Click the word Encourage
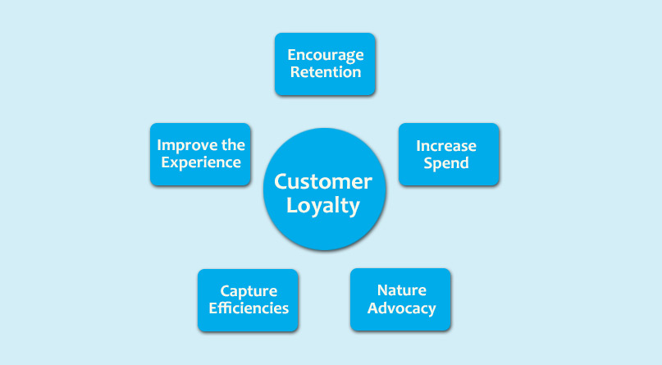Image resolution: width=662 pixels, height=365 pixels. click(x=326, y=56)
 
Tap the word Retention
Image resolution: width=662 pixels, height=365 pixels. click(x=326, y=72)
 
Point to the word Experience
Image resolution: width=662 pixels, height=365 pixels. click(x=201, y=163)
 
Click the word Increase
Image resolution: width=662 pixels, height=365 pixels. click(x=446, y=146)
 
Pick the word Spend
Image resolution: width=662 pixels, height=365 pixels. click(x=446, y=164)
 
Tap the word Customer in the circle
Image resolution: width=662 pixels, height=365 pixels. click(x=323, y=182)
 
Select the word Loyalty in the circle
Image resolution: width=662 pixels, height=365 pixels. click(x=323, y=207)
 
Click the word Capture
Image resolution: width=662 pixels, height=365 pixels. click(x=249, y=291)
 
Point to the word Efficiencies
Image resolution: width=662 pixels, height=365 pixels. click(x=249, y=308)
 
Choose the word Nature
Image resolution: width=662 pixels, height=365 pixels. click(x=401, y=290)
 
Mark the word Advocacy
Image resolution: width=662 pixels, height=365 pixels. click(x=401, y=308)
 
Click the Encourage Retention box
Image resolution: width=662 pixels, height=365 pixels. click(x=325, y=64)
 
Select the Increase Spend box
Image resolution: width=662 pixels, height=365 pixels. click(x=449, y=154)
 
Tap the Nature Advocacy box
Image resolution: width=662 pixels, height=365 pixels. click(x=400, y=299)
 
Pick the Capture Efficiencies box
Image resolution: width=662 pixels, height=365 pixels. click(x=248, y=300)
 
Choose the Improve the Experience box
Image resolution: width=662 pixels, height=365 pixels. click(x=200, y=154)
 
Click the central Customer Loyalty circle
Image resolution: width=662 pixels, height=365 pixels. click(x=325, y=189)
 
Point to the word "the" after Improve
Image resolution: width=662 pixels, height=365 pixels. click(x=233, y=145)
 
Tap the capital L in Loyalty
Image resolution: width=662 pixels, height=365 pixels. click(x=292, y=205)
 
